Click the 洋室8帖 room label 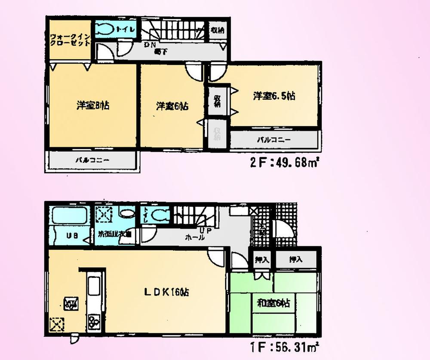pyautogui.click(x=93, y=105)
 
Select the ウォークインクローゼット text pyautogui.click(x=70, y=40)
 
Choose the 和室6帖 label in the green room pyautogui.click(x=273, y=303)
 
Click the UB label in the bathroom pyautogui.click(x=71, y=235)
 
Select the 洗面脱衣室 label pyautogui.click(x=114, y=235)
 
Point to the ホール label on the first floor pyautogui.click(x=194, y=238)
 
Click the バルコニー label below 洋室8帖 pyautogui.click(x=92, y=161)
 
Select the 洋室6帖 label pyautogui.click(x=172, y=106)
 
